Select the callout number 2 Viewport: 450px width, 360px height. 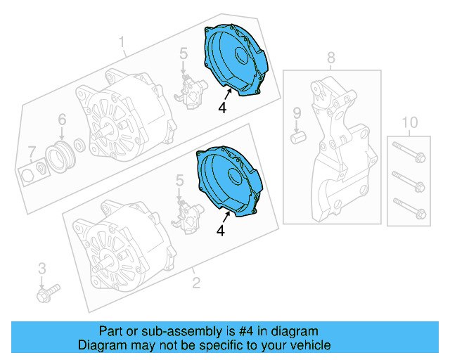click(196, 283)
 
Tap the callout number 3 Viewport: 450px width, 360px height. click(41, 267)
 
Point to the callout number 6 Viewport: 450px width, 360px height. click(61, 120)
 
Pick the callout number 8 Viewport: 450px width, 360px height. click(330, 57)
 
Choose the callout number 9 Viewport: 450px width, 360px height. click(297, 112)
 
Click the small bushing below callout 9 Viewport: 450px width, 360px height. click(297, 134)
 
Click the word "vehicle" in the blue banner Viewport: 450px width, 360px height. click(307, 345)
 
